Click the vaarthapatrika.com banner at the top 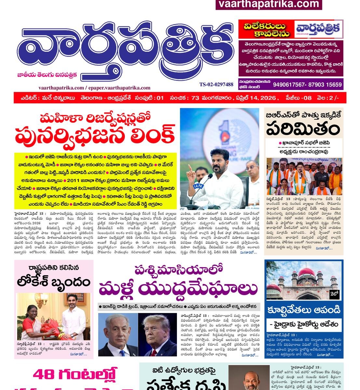tap(269, 4)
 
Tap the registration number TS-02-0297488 tap(216, 84)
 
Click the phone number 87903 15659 tap(325, 85)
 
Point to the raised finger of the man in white tap(189, 167)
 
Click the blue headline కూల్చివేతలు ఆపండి tap(304, 310)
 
